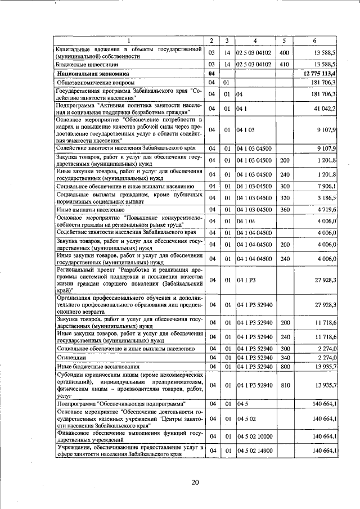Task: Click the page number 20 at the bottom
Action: coord(195,482)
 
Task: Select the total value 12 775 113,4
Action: coord(318,74)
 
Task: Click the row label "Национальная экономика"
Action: coord(92,74)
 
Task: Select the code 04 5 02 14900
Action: coord(254,451)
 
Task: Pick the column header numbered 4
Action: coord(254,40)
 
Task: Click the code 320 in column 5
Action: coord(283,197)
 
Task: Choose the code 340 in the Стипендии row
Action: coord(283,357)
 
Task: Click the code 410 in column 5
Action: coord(283,65)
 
